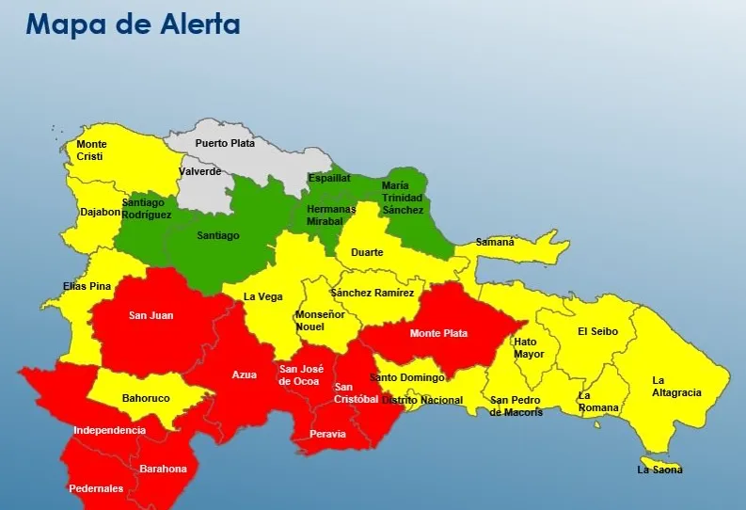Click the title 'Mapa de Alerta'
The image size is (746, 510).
(133, 24)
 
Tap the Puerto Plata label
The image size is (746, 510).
(225, 143)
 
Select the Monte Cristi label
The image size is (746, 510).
(91, 151)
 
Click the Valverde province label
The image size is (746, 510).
(200, 171)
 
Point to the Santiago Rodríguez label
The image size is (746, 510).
(147, 208)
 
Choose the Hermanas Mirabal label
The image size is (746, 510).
(331, 215)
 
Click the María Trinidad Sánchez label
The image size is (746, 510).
(402, 198)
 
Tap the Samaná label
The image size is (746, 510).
(495, 242)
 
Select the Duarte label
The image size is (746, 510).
(367, 252)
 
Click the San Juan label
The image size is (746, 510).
(151, 315)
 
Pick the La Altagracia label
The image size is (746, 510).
(676, 387)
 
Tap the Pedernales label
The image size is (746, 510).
(95, 488)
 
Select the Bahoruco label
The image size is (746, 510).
(146, 398)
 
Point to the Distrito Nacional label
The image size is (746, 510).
(422, 400)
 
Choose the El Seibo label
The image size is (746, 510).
(595, 331)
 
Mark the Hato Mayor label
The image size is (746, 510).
(530, 348)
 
